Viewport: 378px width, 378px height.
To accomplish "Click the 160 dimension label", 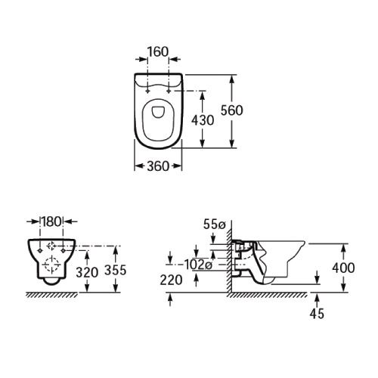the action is [x=158, y=52].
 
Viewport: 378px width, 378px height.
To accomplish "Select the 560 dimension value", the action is [x=232, y=110].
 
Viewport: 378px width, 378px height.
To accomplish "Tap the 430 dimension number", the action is [x=203, y=120].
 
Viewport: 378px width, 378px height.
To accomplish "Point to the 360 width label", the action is [x=158, y=166].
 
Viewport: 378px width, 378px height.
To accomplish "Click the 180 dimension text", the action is [x=51, y=222].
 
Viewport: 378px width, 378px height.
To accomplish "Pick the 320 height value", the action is [x=87, y=272].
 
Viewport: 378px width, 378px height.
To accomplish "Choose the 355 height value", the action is [x=116, y=270].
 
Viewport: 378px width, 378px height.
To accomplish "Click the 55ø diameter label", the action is [x=214, y=225].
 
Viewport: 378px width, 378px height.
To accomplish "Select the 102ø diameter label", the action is [x=198, y=265].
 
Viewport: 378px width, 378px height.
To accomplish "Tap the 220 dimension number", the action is [x=171, y=280].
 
